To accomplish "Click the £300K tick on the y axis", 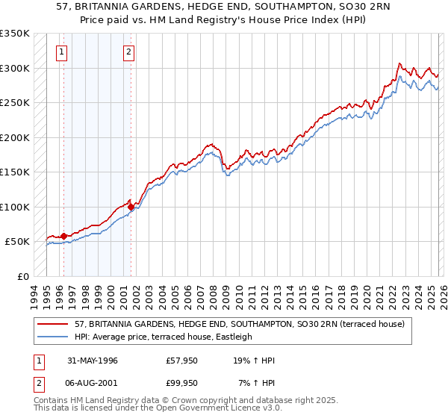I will [x=14, y=68].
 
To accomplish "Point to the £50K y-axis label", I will [x=16, y=242].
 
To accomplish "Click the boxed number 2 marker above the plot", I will [x=129, y=52].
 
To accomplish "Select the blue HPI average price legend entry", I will [x=164, y=337].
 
